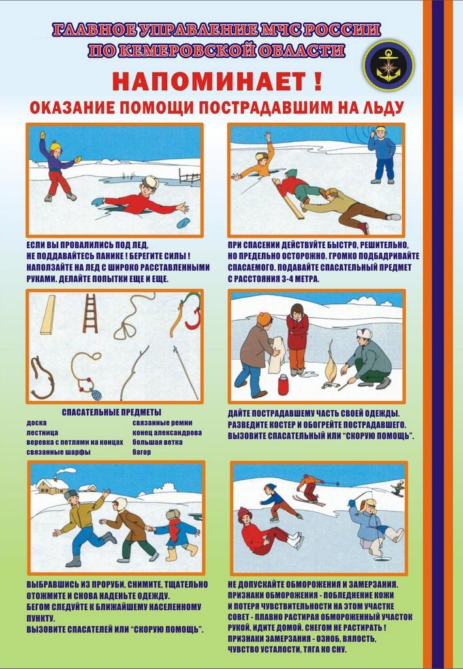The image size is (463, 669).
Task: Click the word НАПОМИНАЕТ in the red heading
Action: click(x=210, y=82)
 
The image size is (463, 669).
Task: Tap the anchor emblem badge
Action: click(x=389, y=65)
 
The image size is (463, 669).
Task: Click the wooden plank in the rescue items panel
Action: click(x=48, y=314)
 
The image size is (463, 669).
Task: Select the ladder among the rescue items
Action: click(x=90, y=313)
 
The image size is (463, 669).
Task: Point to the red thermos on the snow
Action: click(x=283, y=384)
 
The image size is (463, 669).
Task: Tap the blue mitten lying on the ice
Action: click(x=184, y=223)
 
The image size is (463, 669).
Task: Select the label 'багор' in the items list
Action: click(x=142, y=452)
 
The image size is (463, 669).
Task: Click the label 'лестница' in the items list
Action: click(x=42, y=432)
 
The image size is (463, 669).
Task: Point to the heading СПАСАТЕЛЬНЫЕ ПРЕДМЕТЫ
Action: click(x=112, y=412)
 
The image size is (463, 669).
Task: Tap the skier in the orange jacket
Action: click(x=310, y=487)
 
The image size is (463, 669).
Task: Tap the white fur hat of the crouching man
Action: click(x=365, y=333)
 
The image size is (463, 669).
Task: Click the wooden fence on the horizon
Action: click(x=189, y=176)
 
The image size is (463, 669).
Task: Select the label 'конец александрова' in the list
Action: click(x=167, y=432)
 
